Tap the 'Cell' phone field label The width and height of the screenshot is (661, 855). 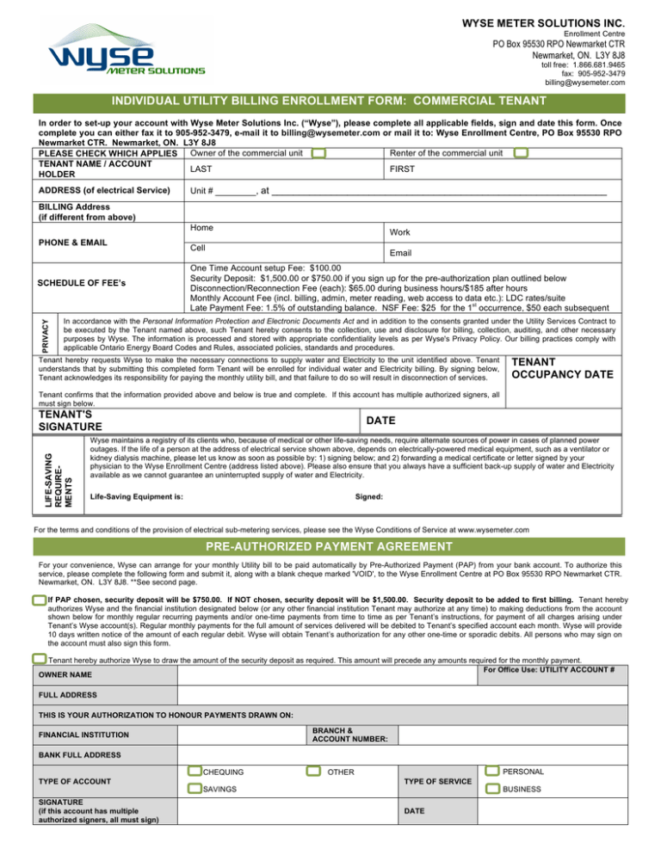coord(195,246)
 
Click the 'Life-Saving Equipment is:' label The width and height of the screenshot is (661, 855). coord(131,496)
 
